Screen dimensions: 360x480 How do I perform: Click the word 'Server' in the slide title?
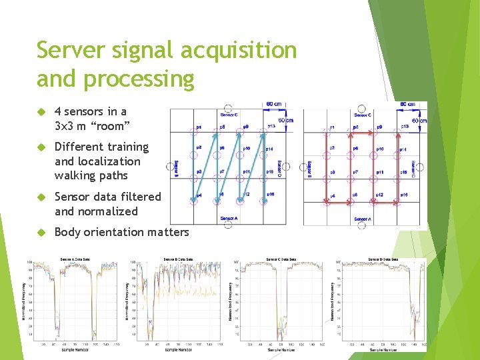click(x=73, y=50)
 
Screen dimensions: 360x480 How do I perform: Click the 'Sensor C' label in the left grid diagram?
click(x=229, y=115)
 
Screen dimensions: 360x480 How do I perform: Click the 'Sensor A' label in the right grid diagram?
click(x=362, y=219)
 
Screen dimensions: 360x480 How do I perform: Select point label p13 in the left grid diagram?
click(x=271, y=126)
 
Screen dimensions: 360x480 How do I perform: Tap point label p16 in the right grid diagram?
click(x=403, y=195)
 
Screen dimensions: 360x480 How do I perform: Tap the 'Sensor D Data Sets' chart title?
click(x=383, y=259)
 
